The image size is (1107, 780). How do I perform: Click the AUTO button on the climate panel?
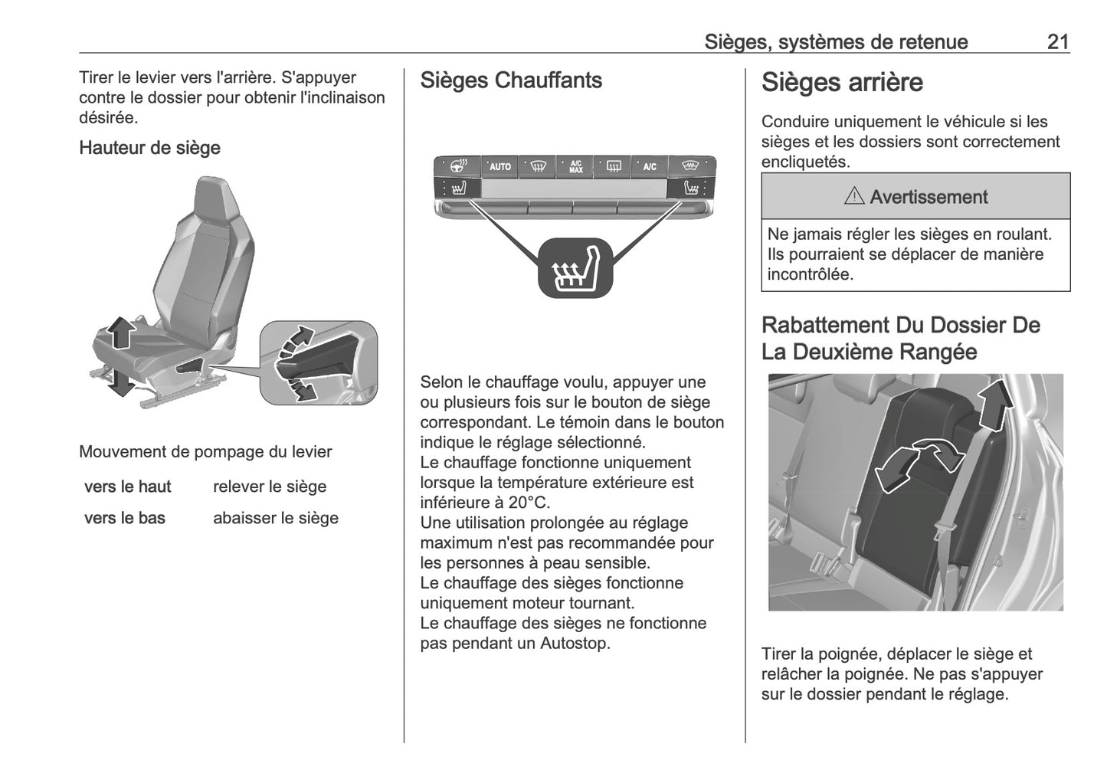[x=499, y=166]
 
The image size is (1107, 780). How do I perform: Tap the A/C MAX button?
[x=575, y=166]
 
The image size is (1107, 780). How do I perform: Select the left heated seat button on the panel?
[x=457, y=188]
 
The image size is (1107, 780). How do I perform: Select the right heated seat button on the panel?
[x=692, y=188]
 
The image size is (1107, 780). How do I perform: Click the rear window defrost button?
[x=613, y=166]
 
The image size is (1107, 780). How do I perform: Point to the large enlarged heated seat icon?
[x=575, y=267]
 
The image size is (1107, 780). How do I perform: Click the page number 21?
[x=1057, y=42]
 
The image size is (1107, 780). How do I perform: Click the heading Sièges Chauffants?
[x=511, y=80]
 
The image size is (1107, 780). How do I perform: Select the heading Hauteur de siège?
[x=149, y=148]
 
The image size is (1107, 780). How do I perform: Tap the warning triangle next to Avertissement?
[x=853, y=197]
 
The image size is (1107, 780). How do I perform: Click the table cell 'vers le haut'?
[x=128, y=487]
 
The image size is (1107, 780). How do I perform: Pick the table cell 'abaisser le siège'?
[x=275, y=518]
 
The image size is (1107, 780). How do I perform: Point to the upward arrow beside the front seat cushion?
[x=120, y=333]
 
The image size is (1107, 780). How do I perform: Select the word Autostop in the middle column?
[x=575, y=644]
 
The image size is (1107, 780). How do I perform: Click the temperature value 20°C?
[x=526, y=503]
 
